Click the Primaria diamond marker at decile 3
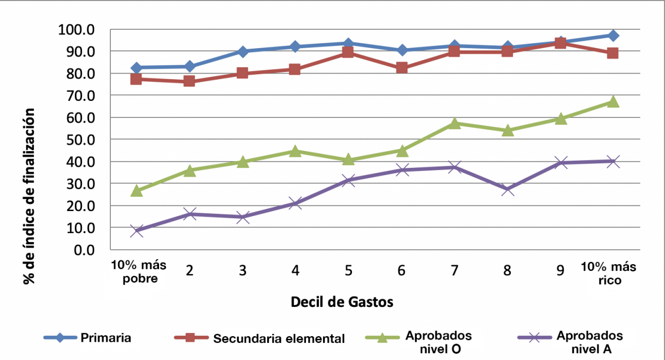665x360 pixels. point(243,52)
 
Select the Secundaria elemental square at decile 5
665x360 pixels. point(348,52)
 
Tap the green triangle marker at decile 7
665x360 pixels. point(454,123)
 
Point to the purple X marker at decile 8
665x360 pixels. point(508,189)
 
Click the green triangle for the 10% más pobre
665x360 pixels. point(137,191)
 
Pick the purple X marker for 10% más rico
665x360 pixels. point(612,161)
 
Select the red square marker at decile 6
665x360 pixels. point(401,68)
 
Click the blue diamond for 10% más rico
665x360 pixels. point(612,35)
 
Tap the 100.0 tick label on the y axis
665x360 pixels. point(76,29)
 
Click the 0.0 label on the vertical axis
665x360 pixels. point(83,250)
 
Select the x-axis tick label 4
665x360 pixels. point(295,270)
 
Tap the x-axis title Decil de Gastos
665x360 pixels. point(342,302)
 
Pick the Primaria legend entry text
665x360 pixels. point(106,337)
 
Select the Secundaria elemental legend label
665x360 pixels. point(279,338)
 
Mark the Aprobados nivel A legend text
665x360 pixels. point(590,342)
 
